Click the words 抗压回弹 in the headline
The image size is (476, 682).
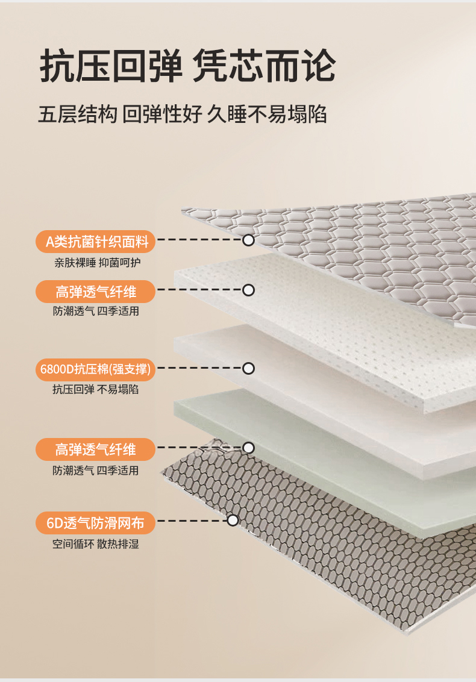click(x=111, y=66)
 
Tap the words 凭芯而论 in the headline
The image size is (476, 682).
click(x=264, y=66)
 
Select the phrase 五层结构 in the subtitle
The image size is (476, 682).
click(x=78, y=114)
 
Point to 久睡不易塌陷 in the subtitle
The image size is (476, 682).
click(x=267, y=114)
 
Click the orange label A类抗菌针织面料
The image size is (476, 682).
click(x=95, y=242)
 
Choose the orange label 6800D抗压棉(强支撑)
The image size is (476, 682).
click(x=95, y=369)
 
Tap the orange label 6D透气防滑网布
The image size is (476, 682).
click(x=95, y=523)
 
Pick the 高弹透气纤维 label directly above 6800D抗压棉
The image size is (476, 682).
click(x=95, y=292)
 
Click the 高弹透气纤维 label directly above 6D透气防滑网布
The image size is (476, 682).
click(x=95, y=449)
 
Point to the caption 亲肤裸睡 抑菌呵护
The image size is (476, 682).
click(x=98, y=263)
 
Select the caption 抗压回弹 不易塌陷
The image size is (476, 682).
click(x=96, y=389)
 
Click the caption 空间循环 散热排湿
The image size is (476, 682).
click(x=96, y=543)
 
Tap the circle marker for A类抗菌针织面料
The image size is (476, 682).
click(x=248, y=240)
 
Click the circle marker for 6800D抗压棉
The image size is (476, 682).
click(x=248, y=368)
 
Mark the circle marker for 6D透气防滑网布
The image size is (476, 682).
click(x=233, y=520)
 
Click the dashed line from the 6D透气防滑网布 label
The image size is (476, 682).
click(x=192, y=521)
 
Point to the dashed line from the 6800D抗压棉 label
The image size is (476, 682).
click(x=199, y=368)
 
